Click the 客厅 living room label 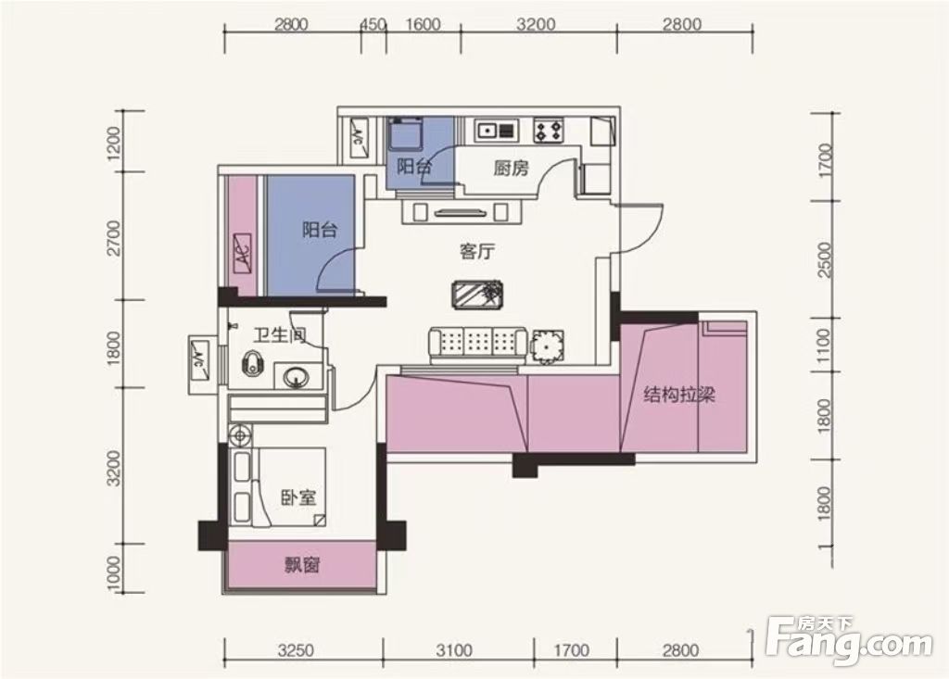coord(477,250)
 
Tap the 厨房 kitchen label coord(511,168)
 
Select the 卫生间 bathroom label coord(280,334)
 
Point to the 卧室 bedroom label coord(298,498)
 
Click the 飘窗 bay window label coord(302,565)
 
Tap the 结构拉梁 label coord(679,396)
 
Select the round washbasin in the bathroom coord(296,378)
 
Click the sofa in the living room coord(478,346)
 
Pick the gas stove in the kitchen coord(549,131)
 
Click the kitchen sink coord(497,130)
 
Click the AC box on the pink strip coord(243,254)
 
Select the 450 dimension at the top coord(373,25)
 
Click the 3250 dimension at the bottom coord(296,650)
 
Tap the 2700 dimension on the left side coord(113,238)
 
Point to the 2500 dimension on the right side coord(824,259)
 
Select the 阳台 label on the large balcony coord(320,230)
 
